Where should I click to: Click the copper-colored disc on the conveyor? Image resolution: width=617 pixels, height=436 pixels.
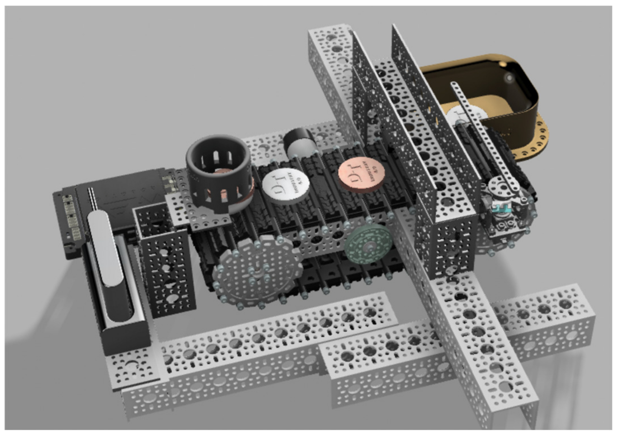tap(361, 175)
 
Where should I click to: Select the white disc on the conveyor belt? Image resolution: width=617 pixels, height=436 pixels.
tap(286, 185)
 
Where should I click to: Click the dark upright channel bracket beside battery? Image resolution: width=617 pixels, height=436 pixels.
tap(168, 272)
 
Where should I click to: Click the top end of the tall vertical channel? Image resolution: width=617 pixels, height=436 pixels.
tap(330, 33)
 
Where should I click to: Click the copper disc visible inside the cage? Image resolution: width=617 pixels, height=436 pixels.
tap(224, 176)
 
